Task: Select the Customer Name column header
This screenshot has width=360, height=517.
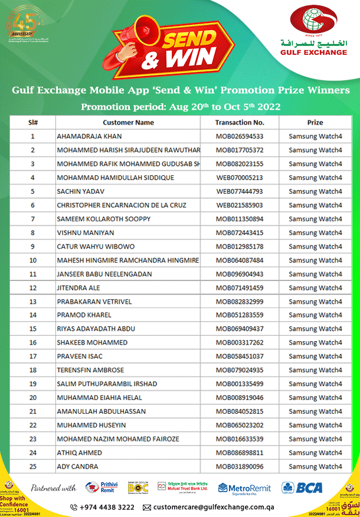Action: click(x=128, y=123)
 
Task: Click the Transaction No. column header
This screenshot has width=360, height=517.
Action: click(x=239, y=123)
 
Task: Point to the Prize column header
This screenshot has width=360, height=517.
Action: click(x=315, y=123)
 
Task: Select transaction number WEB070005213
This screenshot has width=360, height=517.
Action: click(x=239, y=178)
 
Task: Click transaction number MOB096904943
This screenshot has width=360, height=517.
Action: click(x=239, y=274)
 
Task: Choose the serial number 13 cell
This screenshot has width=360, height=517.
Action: click(x=33, y=302)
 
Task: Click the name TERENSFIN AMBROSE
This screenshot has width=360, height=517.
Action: click(x=90, y=370)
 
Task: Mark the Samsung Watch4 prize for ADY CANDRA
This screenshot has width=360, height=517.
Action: click(x=315, y=466)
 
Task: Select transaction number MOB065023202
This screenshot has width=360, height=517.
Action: click(x=239, y=425)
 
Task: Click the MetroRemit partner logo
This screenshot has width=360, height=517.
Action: click(x=244, y=487)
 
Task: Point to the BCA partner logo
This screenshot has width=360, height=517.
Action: click(x=302, y=487)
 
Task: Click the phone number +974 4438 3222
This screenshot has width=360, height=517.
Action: click(x=102, y=507)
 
